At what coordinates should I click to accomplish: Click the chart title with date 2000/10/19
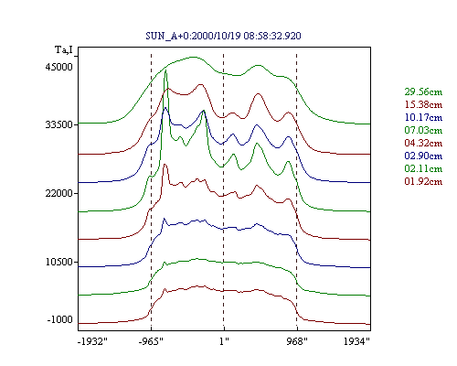tap(223, 36)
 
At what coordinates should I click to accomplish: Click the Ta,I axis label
tap(64, 49)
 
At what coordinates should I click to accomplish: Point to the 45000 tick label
tap(59, 67)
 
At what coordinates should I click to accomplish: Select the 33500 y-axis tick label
tap(59, 124)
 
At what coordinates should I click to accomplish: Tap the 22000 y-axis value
tap(59, 193)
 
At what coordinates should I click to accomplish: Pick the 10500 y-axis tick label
tap(59, 262)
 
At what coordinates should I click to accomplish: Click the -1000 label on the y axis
tap(60, 319)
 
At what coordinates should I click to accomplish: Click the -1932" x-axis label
tap(93, 341)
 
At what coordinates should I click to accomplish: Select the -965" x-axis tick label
tap(151, 341)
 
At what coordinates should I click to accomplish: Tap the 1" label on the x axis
tap(224, 341)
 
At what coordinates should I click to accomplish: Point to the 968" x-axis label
tap(297, 341)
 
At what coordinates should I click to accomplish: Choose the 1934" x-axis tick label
tap(356, 341)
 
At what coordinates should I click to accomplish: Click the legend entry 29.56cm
tap(423, 91)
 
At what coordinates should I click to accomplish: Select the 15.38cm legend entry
tap(423, 104)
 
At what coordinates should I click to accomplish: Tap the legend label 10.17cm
tap(423, 117)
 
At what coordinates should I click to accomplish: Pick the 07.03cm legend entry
tap(423, 130)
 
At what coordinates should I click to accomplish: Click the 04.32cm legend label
tap(423, 143)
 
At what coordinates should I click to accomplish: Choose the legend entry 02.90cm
tap(423, 156)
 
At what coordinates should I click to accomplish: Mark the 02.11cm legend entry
tap(423, 168)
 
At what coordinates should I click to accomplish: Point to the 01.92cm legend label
tap(423, 181)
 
